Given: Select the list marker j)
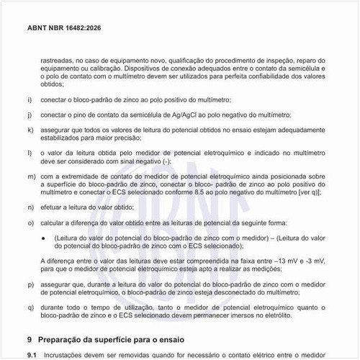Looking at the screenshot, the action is coord(29,114).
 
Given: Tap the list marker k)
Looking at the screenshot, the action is coord(30,130).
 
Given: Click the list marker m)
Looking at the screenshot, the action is coord(30,175).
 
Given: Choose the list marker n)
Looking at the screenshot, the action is coord(30,206).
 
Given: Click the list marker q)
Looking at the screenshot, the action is coord(30,307).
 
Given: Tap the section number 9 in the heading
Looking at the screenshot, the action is coord(29,338).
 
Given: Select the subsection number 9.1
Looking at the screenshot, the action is coord(31,354).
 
